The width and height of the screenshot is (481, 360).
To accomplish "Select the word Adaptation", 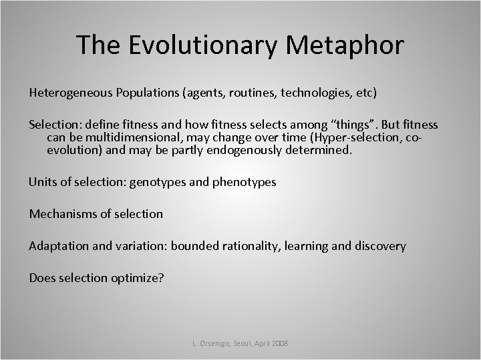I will tap(58, 246).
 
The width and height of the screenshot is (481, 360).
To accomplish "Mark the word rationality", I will tap(251, 246).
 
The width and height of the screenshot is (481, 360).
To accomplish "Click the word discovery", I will tap(379, 246).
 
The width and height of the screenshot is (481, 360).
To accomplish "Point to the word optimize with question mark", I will tap(138, 278).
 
